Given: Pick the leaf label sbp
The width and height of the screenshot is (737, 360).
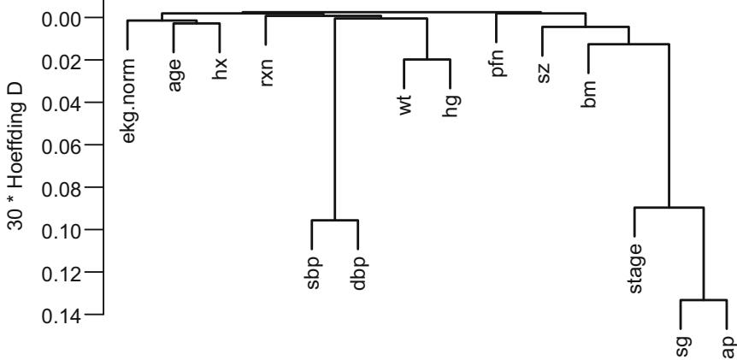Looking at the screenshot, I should point(313,270).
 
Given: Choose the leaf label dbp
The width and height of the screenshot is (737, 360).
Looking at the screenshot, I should point(359,270).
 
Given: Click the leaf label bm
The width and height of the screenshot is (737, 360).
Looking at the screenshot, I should point(590,91).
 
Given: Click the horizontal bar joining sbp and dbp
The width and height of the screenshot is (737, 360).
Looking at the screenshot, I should point(334,221).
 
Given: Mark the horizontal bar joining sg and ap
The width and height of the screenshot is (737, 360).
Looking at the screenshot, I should point(704,300).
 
